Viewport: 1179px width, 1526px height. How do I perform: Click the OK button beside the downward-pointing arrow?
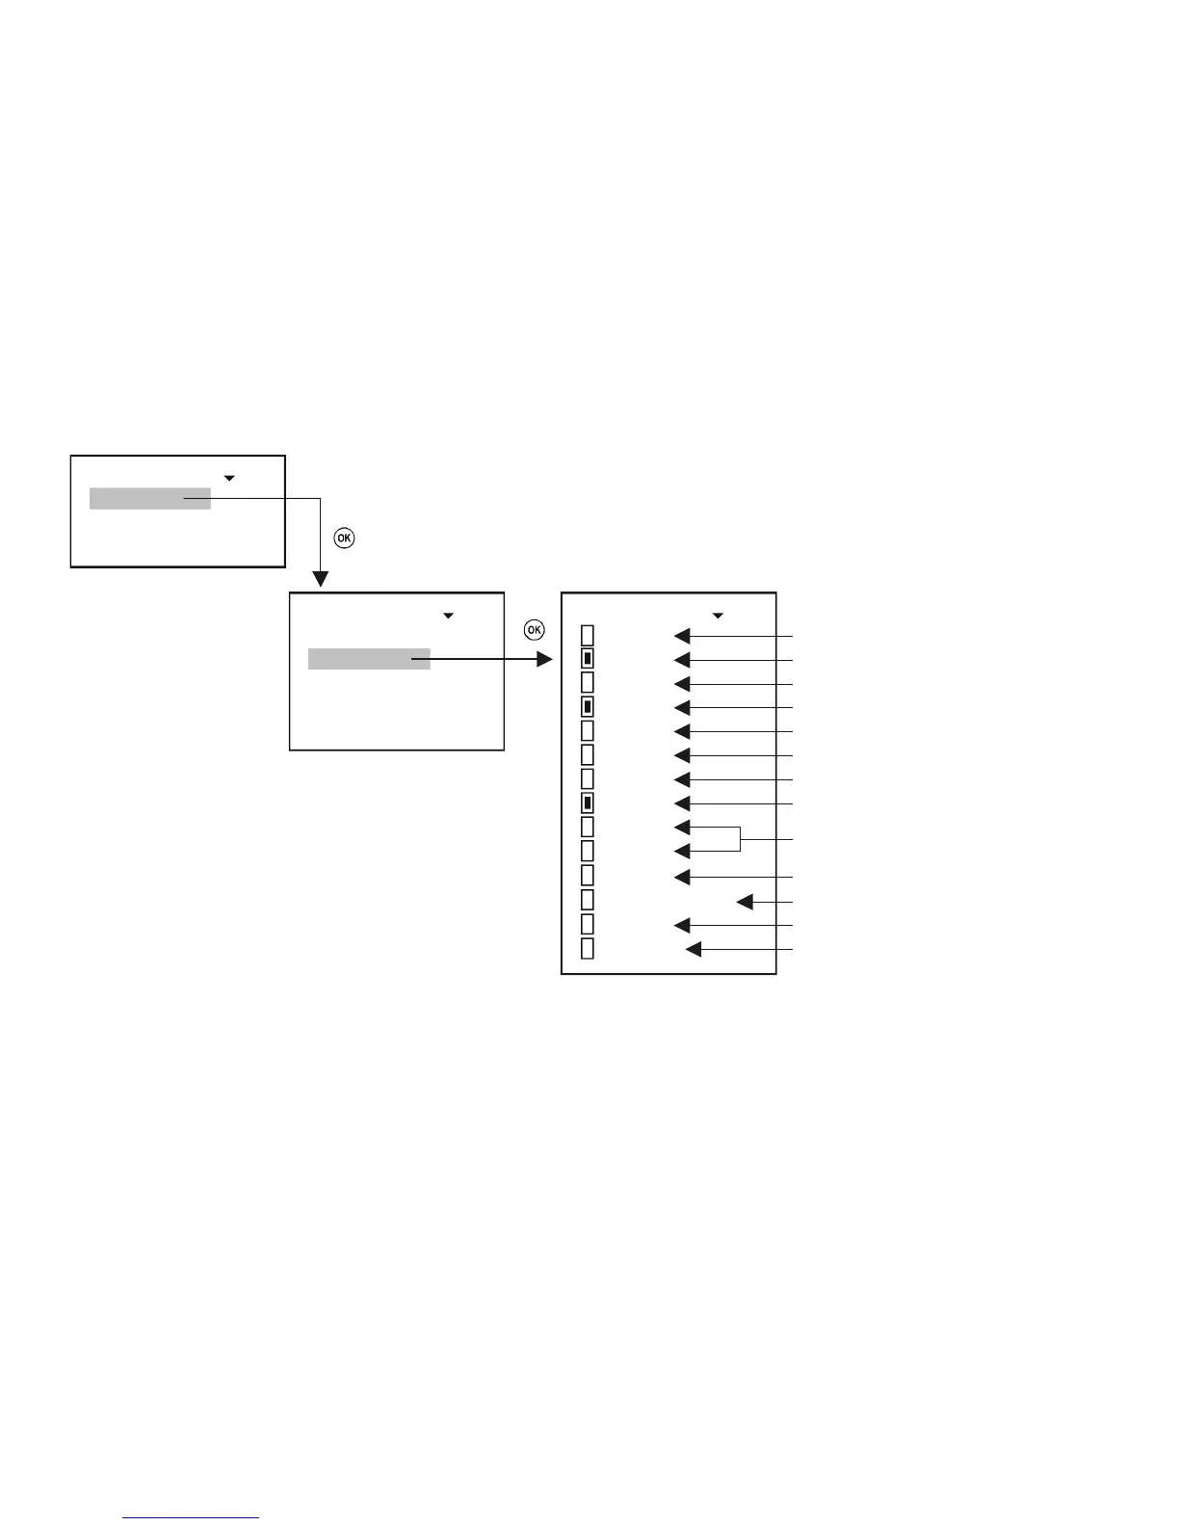(344, 538)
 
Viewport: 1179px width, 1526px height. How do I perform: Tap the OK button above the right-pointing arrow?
(534, 630)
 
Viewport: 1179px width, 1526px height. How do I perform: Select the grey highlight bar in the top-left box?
(150, 498)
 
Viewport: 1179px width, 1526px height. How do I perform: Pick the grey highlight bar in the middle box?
(369, 659)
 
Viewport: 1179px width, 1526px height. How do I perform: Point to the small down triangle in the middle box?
(448, 615)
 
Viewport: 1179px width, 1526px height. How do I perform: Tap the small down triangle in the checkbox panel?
(717, 615)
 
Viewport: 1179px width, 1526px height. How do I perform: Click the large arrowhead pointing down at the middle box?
(320, 579)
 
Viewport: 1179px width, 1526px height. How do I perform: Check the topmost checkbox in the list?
(588, 635)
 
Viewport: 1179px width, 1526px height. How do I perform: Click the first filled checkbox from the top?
(588, 659)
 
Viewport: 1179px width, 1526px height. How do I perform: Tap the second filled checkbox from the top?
(588, 706)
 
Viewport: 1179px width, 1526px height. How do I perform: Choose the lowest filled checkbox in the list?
(588, 802)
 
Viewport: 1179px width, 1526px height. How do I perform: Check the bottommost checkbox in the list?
(588, 949)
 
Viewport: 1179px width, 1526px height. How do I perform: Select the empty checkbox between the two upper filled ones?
(588, 682)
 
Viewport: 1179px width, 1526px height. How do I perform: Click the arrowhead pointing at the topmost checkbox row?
(682, 636)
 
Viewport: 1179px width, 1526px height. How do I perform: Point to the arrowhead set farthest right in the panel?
(745, 902)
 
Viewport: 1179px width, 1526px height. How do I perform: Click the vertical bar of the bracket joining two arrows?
(740, 839)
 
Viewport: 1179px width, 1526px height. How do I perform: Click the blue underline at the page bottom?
(191, 1518)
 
